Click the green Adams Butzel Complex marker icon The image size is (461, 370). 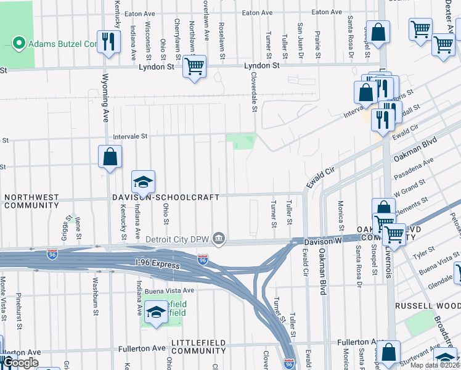click(18, 44)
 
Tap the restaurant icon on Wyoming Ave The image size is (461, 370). click(108, 41)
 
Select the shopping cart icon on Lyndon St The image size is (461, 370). click(195, 65)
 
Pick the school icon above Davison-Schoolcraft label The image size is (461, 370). click(143, 182)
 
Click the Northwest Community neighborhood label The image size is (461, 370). click(31, 201)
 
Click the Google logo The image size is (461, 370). click(21, 363)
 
